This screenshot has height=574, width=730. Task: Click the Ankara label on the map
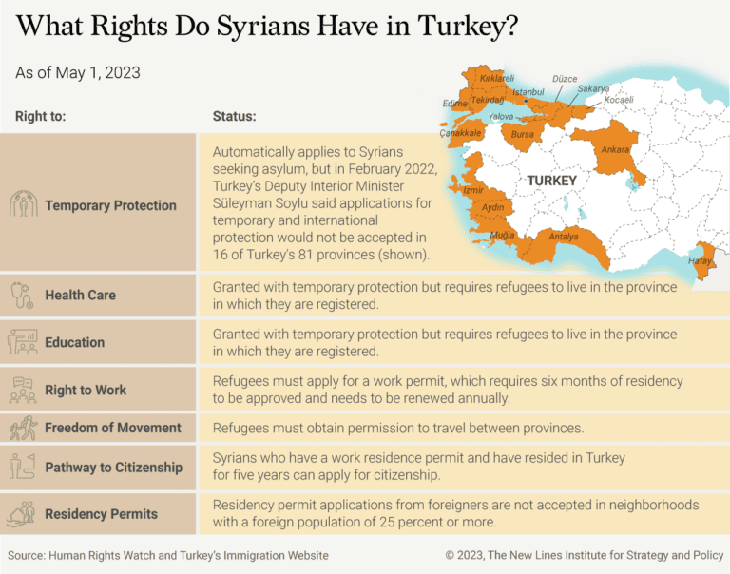click(x=615, y=150)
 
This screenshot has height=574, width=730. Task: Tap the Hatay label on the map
click(x=700, y=260)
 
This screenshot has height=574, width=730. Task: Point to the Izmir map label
click(x=472, y=190)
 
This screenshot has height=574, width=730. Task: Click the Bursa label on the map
click(x=522, y=135)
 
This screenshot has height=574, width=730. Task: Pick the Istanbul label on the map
click(x=528, y=92)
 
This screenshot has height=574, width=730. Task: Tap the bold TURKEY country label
click(x=551, y=181)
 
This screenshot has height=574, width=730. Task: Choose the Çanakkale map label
click(x=460, y=134)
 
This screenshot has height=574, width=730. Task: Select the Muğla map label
click(x=502, y=235)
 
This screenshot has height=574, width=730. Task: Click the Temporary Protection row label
click(x=110, y=205)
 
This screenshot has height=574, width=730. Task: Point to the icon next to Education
click(x=22, y=342)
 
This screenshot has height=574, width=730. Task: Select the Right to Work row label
click(x=86, y=390)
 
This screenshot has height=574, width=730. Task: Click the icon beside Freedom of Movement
click(x=22, y=429)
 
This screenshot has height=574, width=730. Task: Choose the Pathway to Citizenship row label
click(x=113, y=467)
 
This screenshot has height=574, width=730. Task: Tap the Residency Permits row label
click(x=101, y=514)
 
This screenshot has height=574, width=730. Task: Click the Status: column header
click(x=234, y=117)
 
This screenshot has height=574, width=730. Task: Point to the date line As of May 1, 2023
click(x=78, y=72)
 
